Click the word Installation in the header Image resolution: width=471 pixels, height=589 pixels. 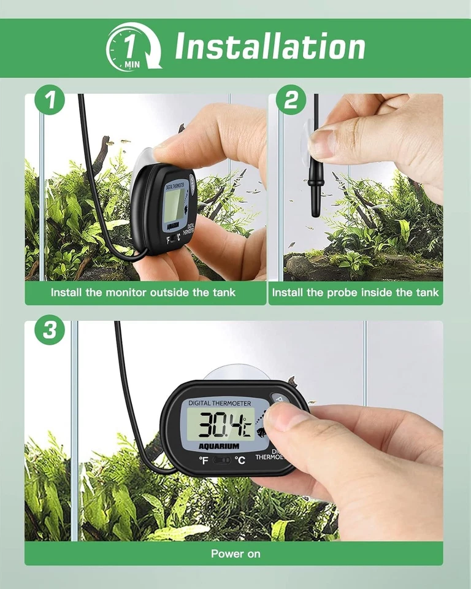click(270, 47)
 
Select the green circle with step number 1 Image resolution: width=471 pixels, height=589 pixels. click(50, 101)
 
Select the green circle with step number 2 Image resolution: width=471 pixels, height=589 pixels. click(291, 101)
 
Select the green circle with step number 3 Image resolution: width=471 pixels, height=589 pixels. click(50, 331)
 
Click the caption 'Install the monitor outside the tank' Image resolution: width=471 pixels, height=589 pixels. click(143, 293)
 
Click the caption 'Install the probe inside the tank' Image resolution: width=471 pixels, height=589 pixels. click(356, 293)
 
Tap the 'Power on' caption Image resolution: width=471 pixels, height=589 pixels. click(235, 553)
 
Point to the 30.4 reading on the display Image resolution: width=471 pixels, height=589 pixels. click(221, 423)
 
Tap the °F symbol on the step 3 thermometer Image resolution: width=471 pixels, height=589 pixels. click(203, 460)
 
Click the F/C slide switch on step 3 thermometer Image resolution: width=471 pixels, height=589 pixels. click(221, 460)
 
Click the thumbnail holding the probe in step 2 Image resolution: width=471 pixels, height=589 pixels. click(322, 145)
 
